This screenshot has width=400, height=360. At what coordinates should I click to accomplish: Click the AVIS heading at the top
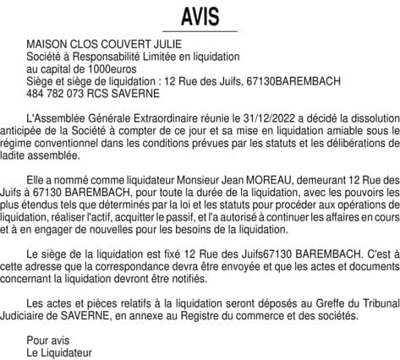click(x=200, y=16)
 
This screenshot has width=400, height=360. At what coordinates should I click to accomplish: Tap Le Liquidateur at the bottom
click(x=59, y=352)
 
